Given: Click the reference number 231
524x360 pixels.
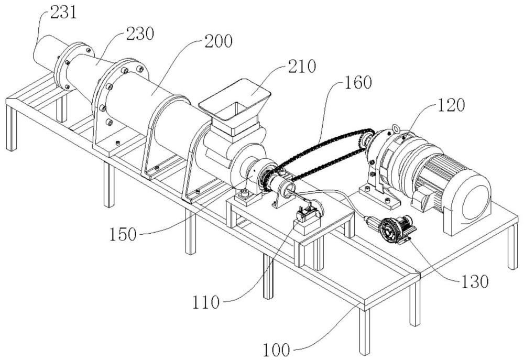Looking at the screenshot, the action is pos(64,13).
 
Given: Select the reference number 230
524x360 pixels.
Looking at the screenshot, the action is pos(140,34).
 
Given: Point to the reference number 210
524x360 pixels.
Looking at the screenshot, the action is pos(302,66).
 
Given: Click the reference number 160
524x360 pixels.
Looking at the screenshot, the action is pos(358,82).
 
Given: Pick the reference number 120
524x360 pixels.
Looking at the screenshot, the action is pos(451,105).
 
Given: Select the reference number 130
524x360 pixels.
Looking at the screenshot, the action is pos(475,282).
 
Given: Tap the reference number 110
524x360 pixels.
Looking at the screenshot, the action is pos(206,302).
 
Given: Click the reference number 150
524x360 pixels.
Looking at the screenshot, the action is pos(123,234).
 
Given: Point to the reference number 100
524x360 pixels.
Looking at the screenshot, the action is pos(276,350).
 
